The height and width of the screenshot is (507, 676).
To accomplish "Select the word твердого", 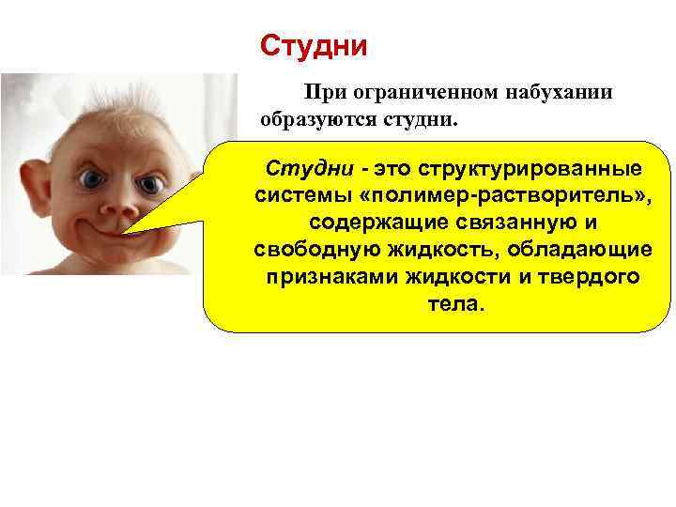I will pyautogui.click(x=587, y=278).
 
